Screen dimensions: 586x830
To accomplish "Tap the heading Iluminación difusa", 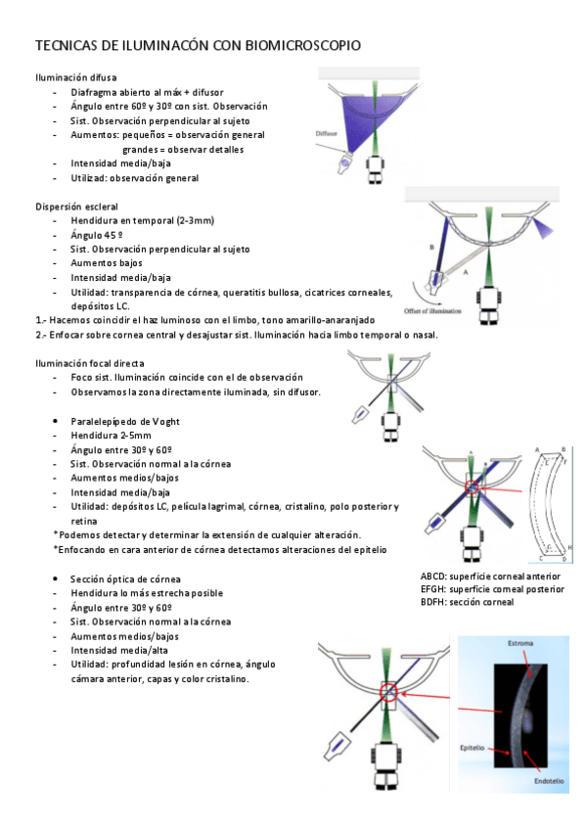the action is click(75, 78).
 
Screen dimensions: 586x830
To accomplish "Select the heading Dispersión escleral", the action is click(76, 207).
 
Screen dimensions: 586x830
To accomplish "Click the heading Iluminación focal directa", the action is click(89, 363).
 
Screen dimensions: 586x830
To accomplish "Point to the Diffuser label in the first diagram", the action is click(326, 133).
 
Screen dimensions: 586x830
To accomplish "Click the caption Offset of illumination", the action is click(432, 310).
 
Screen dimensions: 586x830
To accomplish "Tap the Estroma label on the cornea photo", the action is click(520, 643).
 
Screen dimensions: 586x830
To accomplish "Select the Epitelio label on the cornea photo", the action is click(472, 748).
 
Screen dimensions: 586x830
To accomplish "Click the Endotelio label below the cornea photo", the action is click(549, 781).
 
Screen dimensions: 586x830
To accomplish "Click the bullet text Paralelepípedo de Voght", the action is click(125, 421).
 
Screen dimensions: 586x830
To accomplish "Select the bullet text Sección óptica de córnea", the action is click(125, 579).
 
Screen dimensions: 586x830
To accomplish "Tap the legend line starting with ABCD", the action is click(490, 576).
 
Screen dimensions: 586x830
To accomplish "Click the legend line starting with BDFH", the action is click(467, 602).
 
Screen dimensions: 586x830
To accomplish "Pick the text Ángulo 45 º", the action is click(97, 235).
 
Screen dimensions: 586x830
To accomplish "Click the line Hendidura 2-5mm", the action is click(112, 436).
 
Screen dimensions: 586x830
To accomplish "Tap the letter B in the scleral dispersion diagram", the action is click(431, 248).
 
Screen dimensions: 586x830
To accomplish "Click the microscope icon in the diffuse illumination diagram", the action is click(375, 169).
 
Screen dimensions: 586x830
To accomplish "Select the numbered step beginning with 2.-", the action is click(237, 335).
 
